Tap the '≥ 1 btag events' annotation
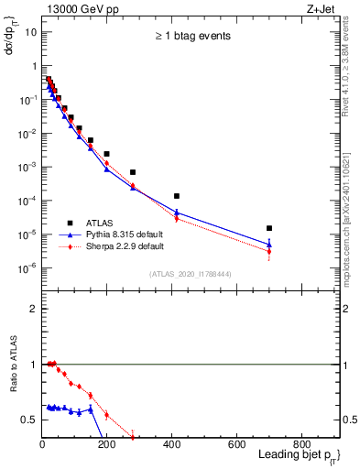click(191, 37)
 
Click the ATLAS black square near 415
click(177, 196)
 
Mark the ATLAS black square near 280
click(133, 172)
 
